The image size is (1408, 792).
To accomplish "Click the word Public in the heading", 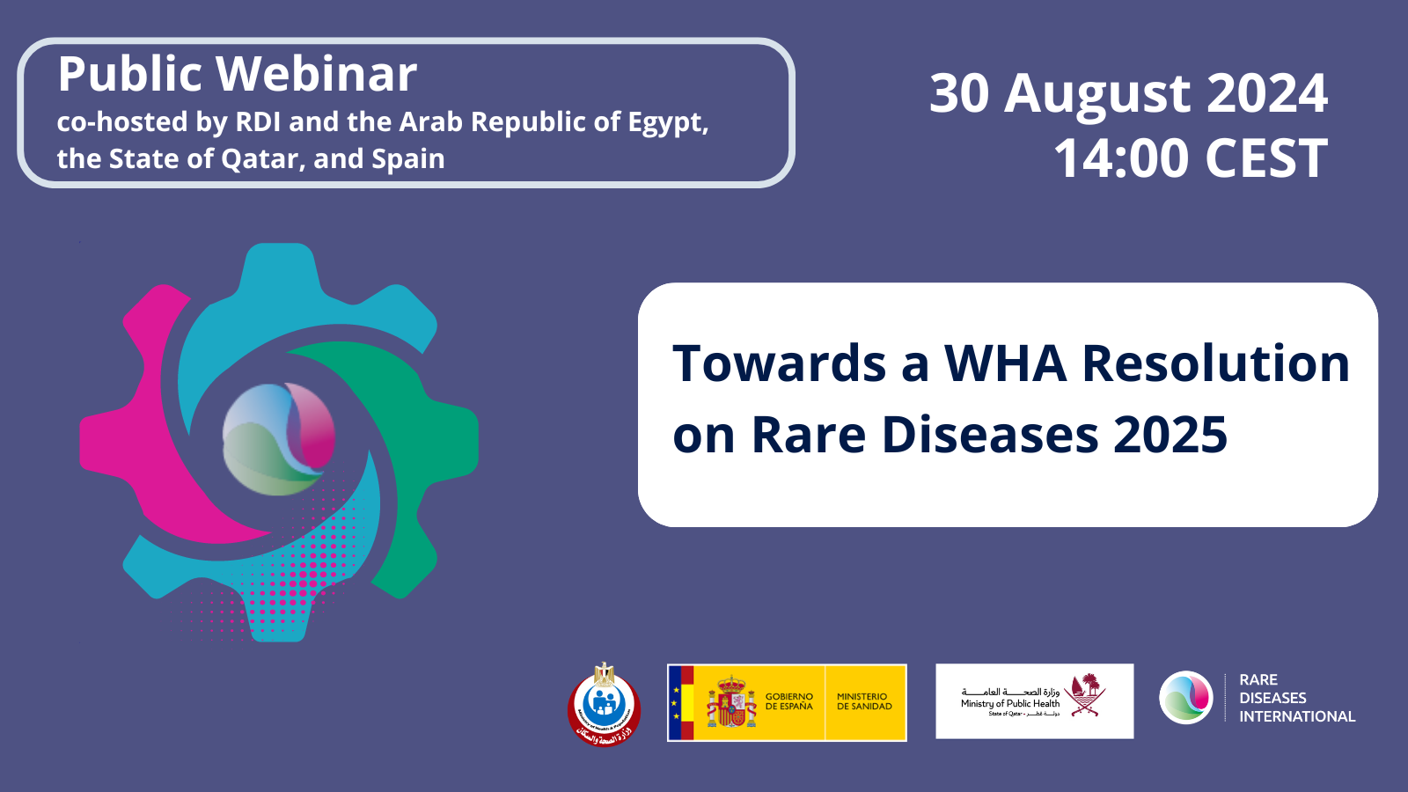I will [130, 74].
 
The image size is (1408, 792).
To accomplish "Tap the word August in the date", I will [1097, 93].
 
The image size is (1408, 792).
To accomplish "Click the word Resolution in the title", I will [1215, 363].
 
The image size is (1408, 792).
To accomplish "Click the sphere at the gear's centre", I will [279, 439].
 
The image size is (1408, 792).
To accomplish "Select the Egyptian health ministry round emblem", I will [604, 704].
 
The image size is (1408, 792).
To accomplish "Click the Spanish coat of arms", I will [731, 703].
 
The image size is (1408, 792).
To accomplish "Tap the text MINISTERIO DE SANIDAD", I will [864, 701].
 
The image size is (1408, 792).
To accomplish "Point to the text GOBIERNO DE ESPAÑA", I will [789, 701].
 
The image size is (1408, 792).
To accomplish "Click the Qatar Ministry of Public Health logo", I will [1034, 701].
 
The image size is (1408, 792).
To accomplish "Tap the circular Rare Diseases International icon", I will [1185, 698].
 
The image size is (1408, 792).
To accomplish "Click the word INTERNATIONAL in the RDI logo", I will [1297, 716].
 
